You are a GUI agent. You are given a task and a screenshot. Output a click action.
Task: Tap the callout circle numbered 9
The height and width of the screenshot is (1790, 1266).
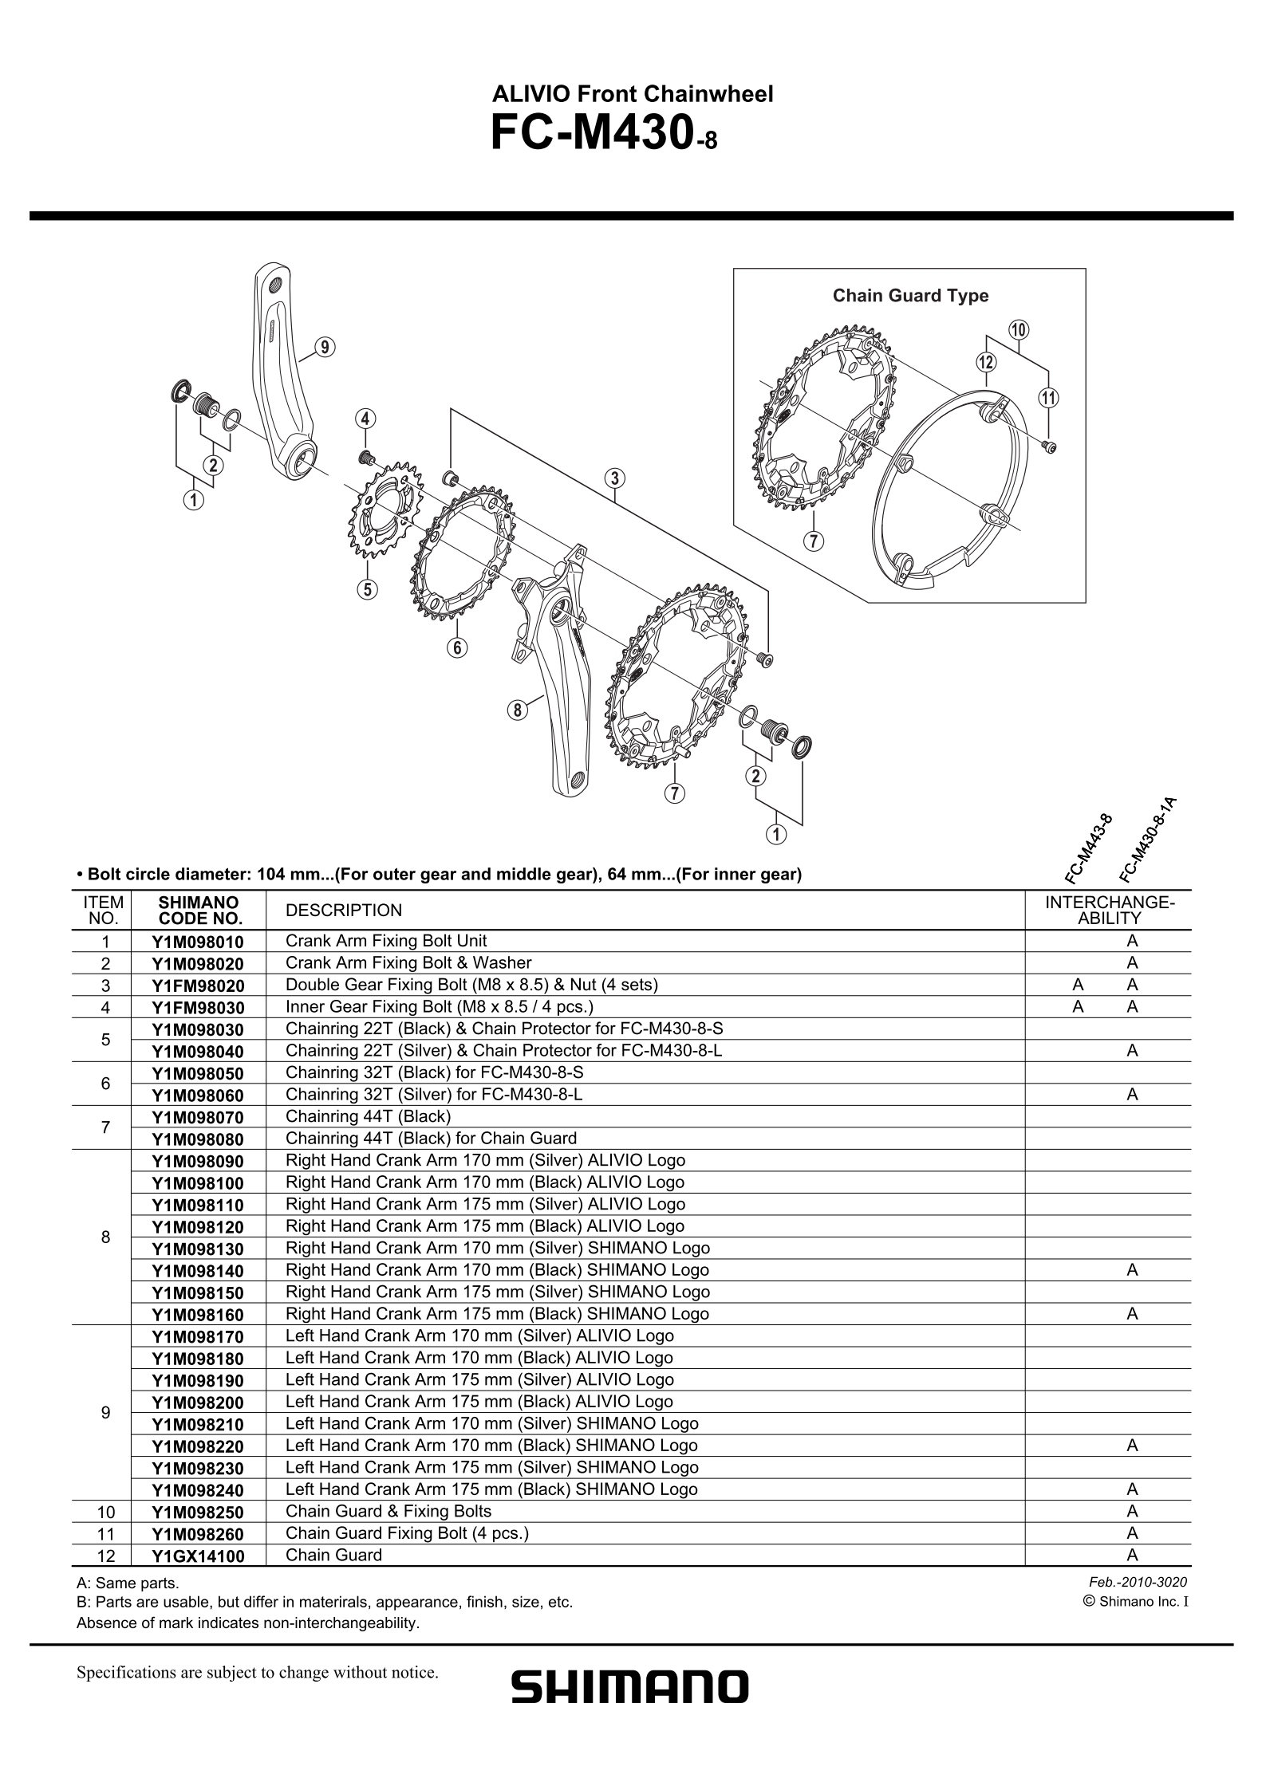tap(324, 347)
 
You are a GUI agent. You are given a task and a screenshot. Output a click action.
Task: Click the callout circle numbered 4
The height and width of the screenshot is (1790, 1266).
tap(365, 419)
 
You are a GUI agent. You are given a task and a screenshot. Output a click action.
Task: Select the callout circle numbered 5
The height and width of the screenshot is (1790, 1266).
tap(367, 589)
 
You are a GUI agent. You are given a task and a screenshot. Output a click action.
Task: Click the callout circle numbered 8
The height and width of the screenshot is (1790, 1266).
tap(518, 710)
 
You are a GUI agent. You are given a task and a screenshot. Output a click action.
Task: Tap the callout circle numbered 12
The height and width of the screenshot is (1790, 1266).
tap(986, 362)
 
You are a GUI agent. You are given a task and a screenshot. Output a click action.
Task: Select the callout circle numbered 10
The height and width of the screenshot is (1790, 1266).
tap(1019, 329)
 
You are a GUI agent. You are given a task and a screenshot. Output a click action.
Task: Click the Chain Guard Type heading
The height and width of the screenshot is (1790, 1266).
tap(910, 296)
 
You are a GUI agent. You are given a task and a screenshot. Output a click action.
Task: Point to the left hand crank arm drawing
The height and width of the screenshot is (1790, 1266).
tap(281, 375)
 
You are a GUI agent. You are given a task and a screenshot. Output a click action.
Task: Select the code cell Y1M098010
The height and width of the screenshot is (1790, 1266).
tap(198, 942)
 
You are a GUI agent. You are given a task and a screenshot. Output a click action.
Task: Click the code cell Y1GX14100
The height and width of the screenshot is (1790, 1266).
tap(198, 1556)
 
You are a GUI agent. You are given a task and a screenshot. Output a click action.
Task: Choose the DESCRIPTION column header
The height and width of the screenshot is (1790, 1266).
tap(343, 911)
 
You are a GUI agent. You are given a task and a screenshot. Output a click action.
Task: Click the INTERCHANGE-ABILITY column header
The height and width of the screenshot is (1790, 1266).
tap(1108, 911)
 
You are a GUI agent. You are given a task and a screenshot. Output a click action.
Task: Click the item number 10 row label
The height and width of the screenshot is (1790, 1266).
tap(105, 1512)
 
